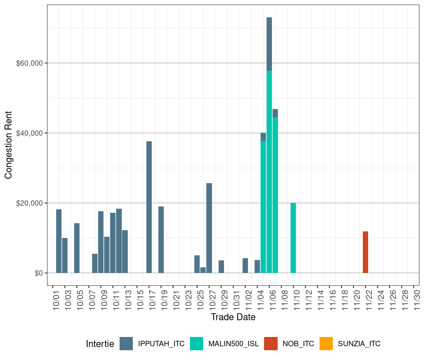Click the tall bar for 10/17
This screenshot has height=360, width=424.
click(149, 207)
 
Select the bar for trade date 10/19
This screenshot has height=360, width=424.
click(161, 240)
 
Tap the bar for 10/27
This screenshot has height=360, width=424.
click(209, 228)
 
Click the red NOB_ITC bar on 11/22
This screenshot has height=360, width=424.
click(365, 252)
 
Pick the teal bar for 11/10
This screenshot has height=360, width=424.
click(293, 238)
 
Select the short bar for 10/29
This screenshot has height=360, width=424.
click(221, 267)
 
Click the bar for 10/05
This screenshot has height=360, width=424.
click(77, 248)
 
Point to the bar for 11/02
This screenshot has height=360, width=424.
click(245, 265)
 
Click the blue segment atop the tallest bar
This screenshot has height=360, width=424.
click(269, 44)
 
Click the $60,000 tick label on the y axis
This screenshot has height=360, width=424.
click(29, 63)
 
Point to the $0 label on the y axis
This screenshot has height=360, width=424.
click(39, 273)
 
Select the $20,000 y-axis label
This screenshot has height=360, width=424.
click(29, 203)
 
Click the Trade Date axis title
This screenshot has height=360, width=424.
click(233, 317)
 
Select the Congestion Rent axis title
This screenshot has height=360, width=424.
click(8, 145)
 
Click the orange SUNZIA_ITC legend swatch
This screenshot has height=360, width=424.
click(326, 344)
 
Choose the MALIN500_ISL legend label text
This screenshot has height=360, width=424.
click(233, 344)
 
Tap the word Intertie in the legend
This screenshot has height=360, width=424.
click(100, 344)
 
